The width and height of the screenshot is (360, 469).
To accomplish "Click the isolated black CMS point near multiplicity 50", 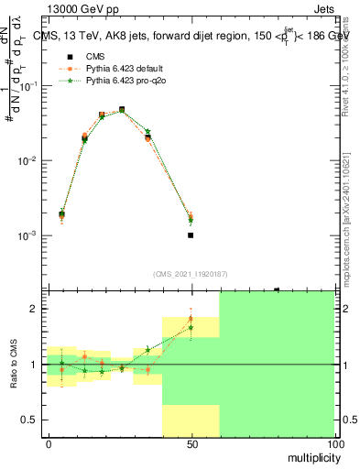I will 191,235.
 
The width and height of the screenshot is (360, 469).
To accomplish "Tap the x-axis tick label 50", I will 191,442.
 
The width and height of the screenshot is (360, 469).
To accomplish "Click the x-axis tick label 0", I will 49,442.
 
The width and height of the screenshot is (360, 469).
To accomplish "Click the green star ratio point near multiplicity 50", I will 191,327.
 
